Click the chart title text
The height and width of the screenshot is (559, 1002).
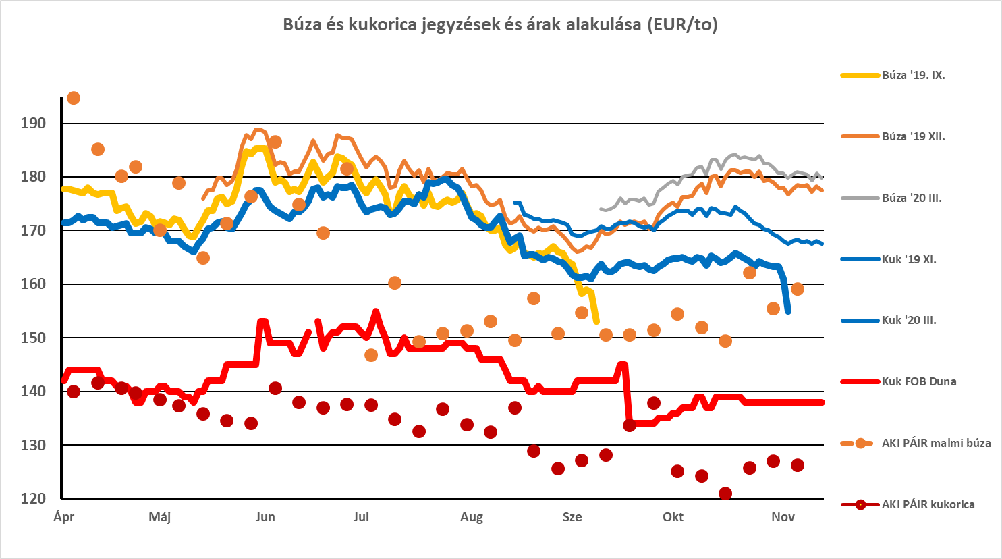500,25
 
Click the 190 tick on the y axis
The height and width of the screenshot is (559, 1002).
33,124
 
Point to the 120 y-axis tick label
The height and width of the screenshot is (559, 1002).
33,499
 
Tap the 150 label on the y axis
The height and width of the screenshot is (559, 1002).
33,338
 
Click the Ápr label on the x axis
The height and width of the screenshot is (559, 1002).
63,517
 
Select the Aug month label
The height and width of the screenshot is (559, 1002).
472,517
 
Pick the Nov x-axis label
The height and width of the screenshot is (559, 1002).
783,517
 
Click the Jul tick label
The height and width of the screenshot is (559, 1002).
361,517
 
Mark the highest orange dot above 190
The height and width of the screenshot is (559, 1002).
74,99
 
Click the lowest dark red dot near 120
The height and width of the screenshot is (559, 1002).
725,494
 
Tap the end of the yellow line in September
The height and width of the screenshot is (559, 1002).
596,321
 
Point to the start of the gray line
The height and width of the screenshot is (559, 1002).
601,209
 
